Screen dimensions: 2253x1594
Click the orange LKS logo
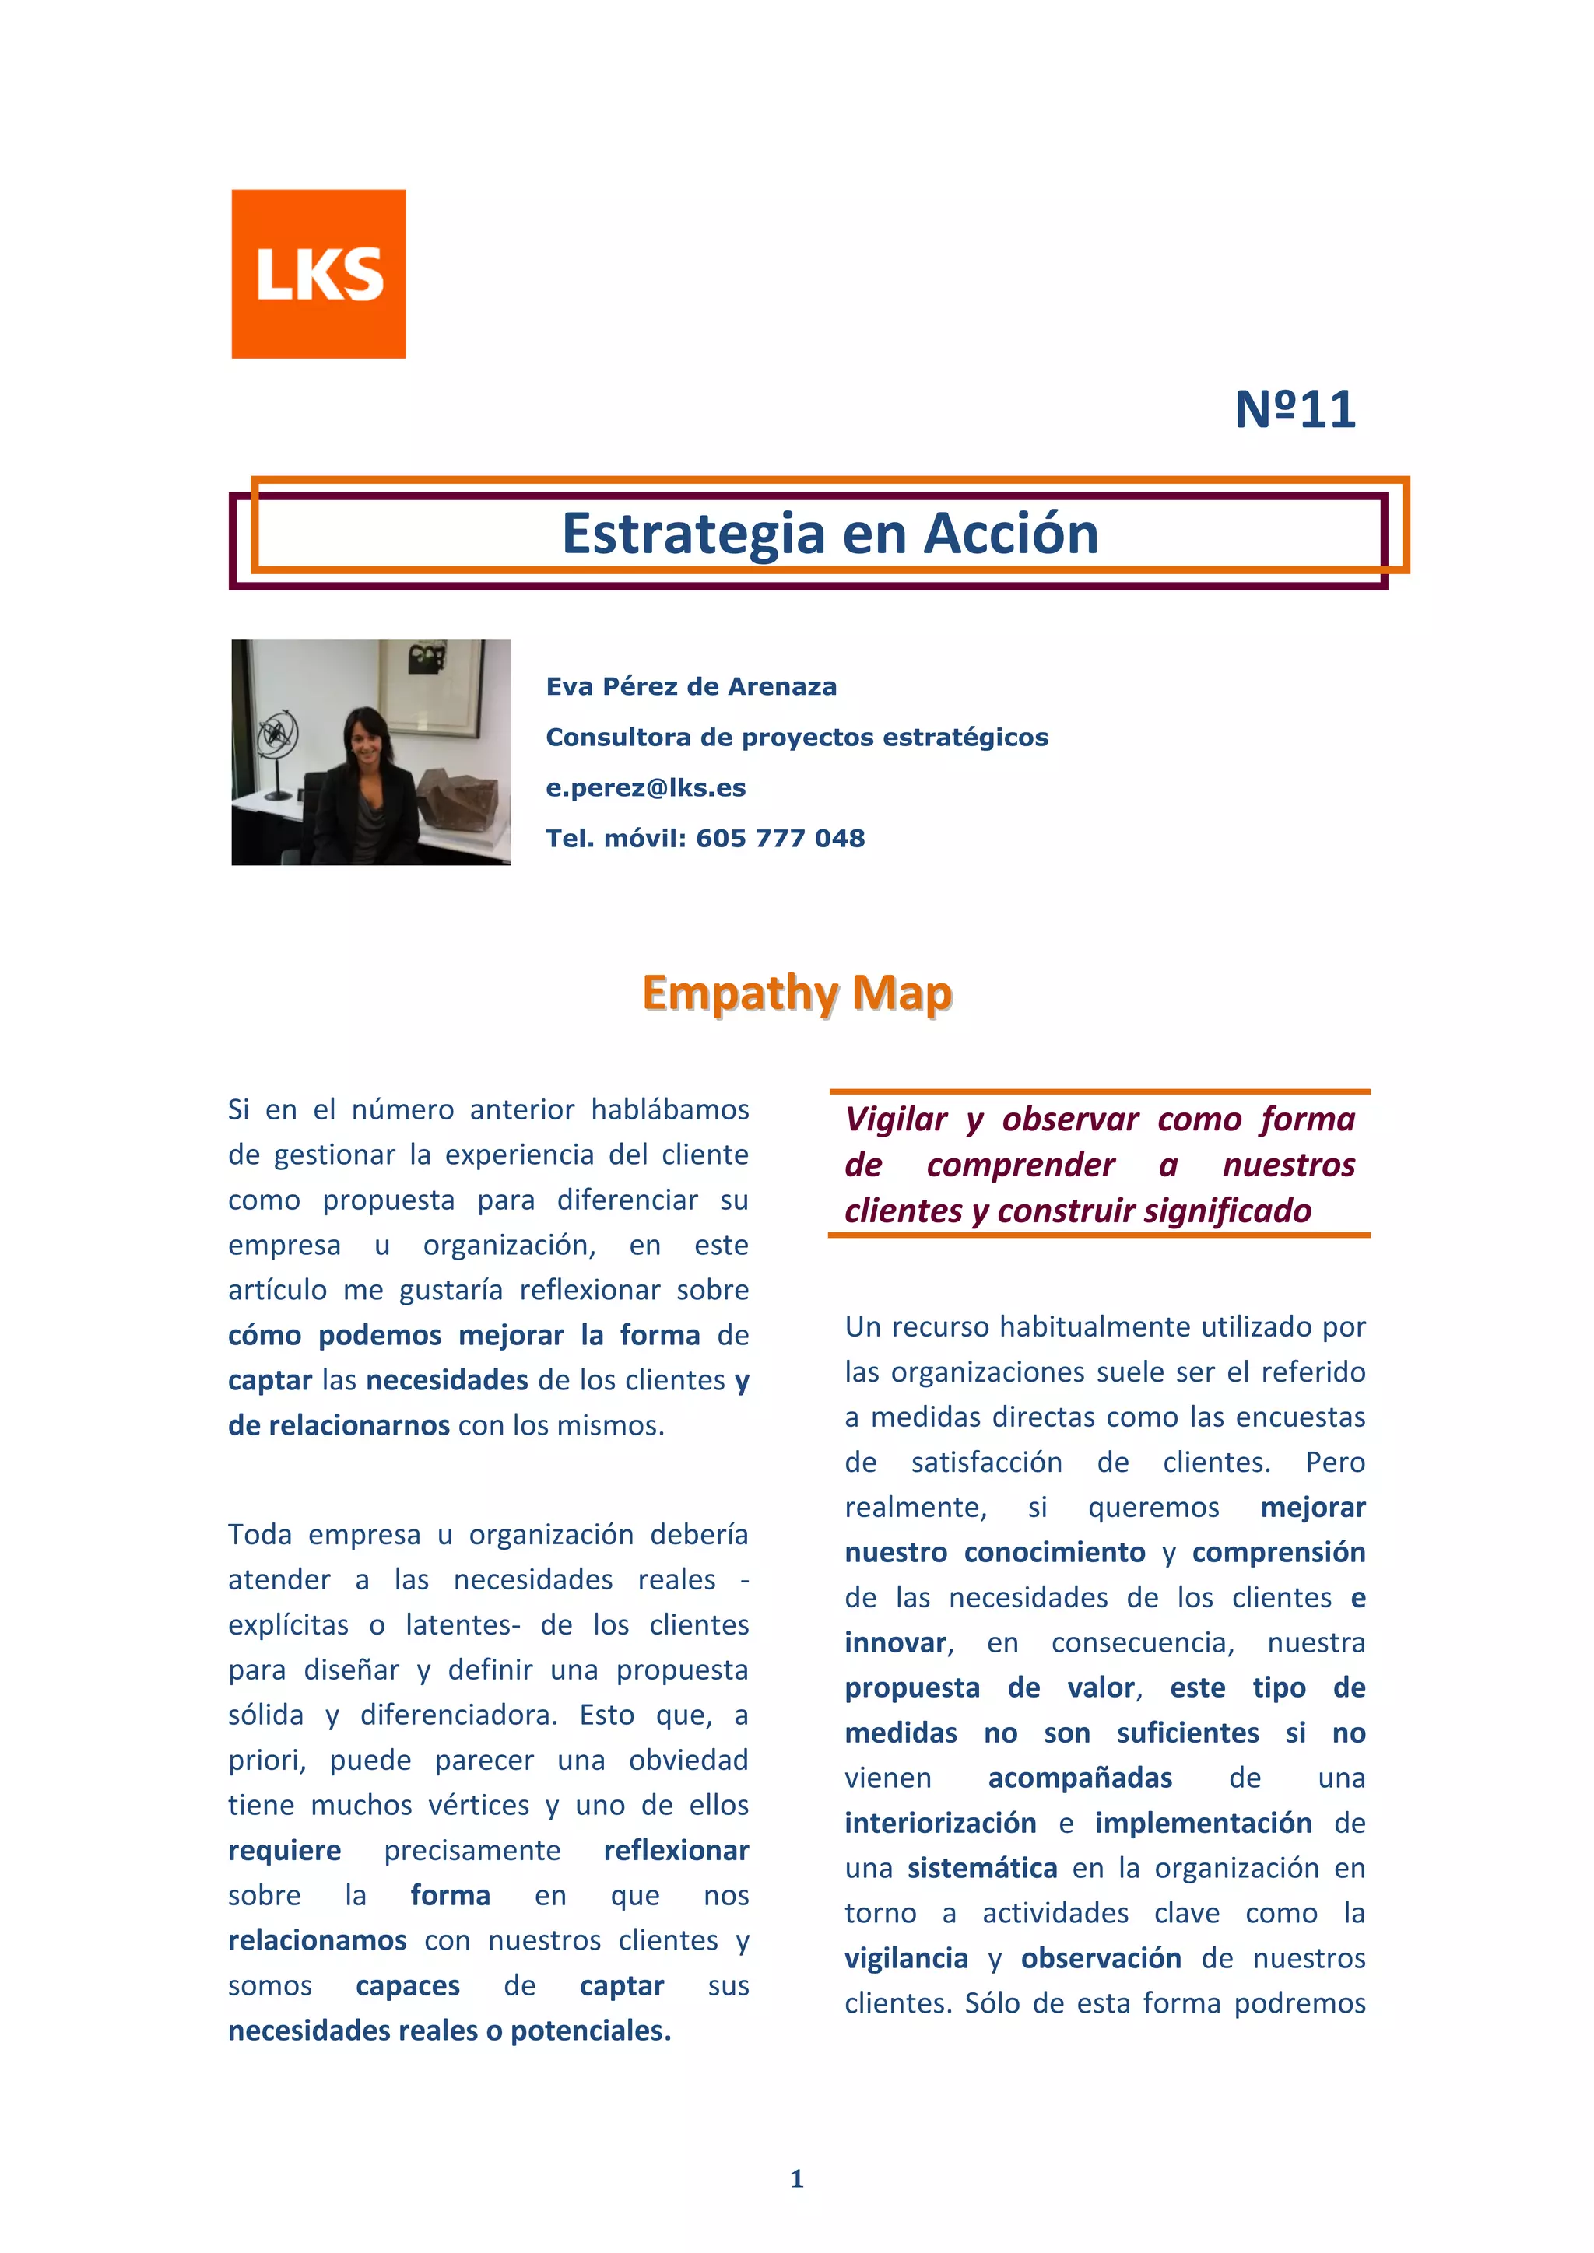[318, 274]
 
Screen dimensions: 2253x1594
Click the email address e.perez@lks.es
[645, 788]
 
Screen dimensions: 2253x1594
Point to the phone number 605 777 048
[781, 839]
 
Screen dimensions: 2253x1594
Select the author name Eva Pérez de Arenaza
[691, 687]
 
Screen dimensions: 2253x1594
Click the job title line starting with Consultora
[796, 737]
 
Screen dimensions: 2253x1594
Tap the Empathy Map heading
[796, 993]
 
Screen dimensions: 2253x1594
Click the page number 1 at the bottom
[796, 2178]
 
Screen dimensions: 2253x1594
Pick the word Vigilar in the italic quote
[895, 1119]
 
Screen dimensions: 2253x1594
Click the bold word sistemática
[981, 1869]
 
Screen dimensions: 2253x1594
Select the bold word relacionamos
[317, 1941]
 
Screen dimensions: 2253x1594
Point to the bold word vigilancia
[906, 1959]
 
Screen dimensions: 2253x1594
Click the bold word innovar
[896, 1642]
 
